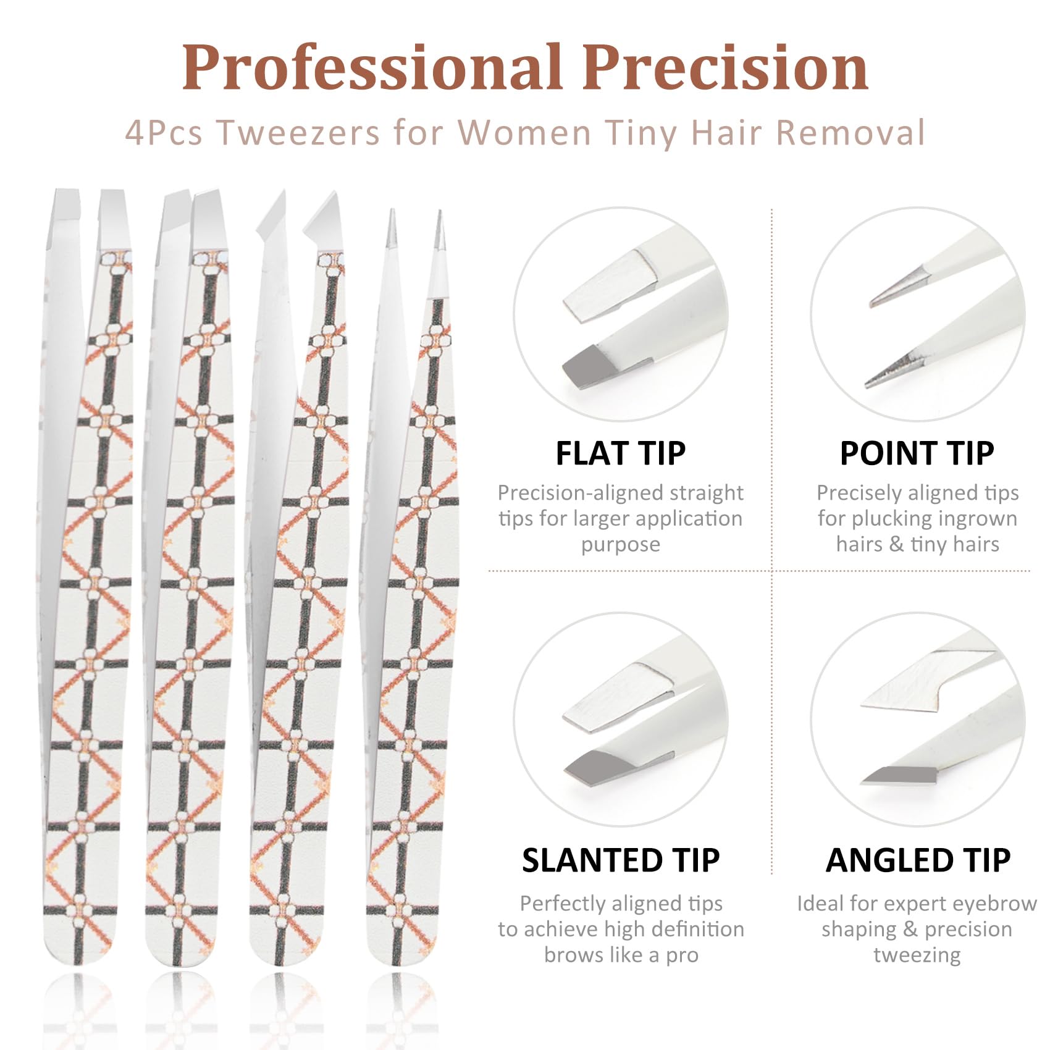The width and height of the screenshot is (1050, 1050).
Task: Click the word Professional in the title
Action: pos(372,67)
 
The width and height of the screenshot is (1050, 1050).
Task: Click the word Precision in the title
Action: pos(726,67)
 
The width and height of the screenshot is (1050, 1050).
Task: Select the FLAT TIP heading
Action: pos(621,453)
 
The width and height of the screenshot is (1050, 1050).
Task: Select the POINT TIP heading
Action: pos(917,453)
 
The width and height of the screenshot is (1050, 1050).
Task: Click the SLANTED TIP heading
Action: pos(621,860)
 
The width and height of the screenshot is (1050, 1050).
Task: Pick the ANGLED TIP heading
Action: pos(918,860)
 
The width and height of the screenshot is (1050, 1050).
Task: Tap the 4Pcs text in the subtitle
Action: pos(164,132)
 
